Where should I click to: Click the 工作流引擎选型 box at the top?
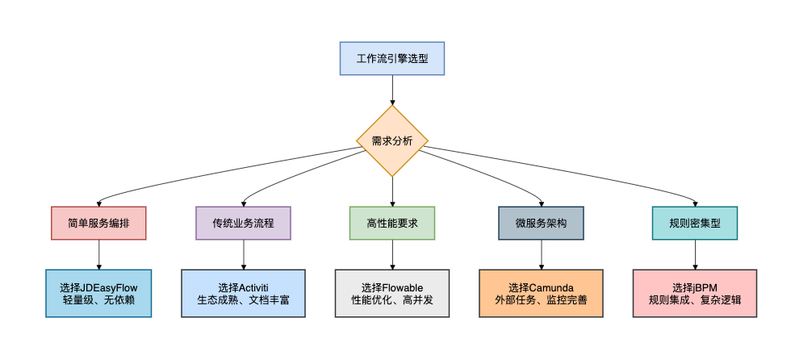pos(391,59)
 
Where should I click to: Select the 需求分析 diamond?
pos(392,140)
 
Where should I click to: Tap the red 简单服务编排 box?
pos(98,223)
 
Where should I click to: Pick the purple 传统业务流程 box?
pos(243,223)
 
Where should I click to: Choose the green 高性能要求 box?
pos(392,223)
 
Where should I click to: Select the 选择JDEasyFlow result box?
pos(98,293)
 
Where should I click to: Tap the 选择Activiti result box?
pos(243,293)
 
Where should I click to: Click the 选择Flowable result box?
pos(392,293)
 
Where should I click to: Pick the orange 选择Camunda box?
pos(541,293)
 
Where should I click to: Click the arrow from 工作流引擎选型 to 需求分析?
pos(392,90)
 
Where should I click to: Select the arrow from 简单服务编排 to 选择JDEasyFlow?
pos(98,254)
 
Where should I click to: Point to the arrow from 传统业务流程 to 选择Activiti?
pos(243,254)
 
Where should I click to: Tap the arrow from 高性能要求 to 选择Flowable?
pos(392,254)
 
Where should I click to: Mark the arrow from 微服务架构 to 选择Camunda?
pos(541,254)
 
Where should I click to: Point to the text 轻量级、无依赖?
pos(98,300)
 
